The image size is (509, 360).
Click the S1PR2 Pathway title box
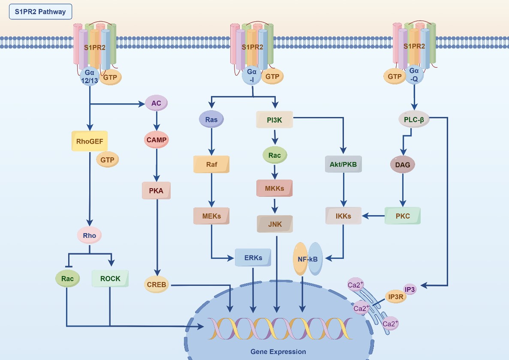[40, 12]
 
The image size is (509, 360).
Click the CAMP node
[157, 140]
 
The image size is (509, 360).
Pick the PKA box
[157, 191]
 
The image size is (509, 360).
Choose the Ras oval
[211, 120]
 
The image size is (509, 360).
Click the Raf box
[211, 164]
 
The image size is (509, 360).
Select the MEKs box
[211, 216]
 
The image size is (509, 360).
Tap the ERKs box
[254, 258]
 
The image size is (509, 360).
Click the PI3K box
[274, 120]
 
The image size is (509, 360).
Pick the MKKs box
[274, 188]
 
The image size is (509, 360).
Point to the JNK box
[274, 223]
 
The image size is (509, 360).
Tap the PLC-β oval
[413, 120]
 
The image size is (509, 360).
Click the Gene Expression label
[278, 351]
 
